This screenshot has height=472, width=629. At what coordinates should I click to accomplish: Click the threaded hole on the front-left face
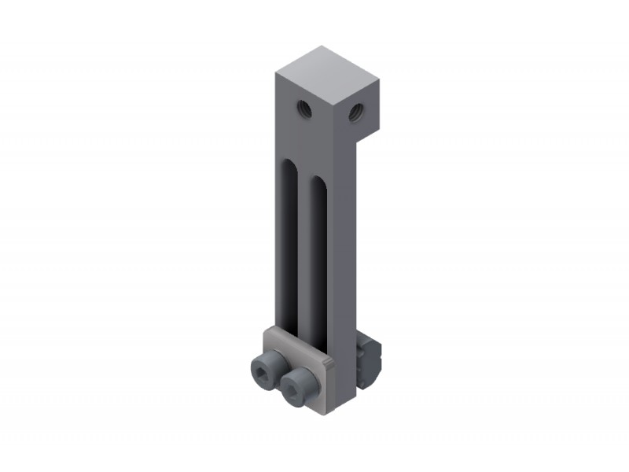click(x=305, y=109)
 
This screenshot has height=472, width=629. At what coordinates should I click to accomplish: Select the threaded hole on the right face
click(x=356, y=112)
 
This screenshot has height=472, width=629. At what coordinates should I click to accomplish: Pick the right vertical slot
click(x=318, y=260)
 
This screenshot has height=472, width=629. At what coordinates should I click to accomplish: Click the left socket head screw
click(x=265, y=367)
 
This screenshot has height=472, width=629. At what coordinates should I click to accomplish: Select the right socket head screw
click(x=300, y=386)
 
